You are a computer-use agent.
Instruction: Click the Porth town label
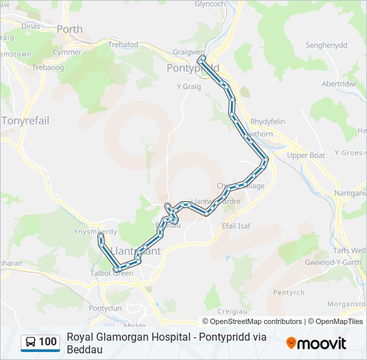point(70,29)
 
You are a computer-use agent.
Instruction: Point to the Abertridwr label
point(340,84)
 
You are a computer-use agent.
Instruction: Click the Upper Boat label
point(306,155)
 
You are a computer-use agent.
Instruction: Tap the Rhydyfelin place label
point(268,121)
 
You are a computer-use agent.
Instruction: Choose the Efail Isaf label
point(236,226)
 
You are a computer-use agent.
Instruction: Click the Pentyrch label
point(289,292)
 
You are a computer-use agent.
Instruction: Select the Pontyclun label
point(105,308)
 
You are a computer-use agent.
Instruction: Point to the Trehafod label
point(123,45)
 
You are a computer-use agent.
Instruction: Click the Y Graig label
point(189,87)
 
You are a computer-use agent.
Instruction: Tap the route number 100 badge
point(47,342)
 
